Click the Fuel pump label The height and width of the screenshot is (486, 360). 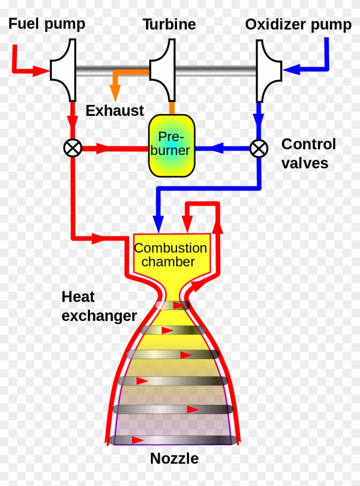[47, 24]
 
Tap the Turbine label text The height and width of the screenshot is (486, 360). [169, 24]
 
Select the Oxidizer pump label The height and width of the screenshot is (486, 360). [298, 25]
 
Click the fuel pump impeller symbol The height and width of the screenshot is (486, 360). [63, 69]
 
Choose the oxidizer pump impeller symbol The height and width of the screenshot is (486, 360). [268, 69]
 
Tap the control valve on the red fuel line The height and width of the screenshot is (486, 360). [72, 148]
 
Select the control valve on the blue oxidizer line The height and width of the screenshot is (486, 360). [259, 148]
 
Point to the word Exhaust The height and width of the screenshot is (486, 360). [114, 111]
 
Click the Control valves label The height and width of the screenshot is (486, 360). [308, 154]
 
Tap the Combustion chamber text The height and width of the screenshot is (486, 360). [171, 255]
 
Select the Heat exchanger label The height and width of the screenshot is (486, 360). [99, 306]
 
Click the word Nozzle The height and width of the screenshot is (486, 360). [174, 459]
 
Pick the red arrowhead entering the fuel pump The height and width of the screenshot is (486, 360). [41, 70]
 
